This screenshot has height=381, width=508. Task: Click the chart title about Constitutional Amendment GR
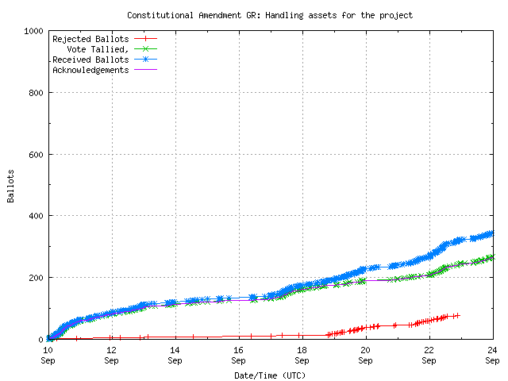[270, 15]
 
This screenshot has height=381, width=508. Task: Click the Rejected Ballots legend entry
[90, 39]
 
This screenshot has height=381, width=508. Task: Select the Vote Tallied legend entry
[98, 49]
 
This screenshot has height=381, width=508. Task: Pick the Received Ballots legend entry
[90, 60]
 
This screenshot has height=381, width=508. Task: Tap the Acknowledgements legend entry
[90, 70]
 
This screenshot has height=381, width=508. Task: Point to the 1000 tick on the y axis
[34, 31]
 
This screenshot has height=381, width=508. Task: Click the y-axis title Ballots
[11, 185]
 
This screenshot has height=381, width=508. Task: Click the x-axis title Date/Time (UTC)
[270, 375]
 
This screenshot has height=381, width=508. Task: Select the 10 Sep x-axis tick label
[48, 354]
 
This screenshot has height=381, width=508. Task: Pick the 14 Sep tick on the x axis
[175, 354]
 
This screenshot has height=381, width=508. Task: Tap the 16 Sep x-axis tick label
[238, 354]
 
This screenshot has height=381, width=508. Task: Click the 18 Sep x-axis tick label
[302, 354]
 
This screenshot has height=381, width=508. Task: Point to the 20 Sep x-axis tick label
[365, 354]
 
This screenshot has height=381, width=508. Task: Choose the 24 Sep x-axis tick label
[492, 354]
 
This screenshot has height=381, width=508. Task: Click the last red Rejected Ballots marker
[457, 315]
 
